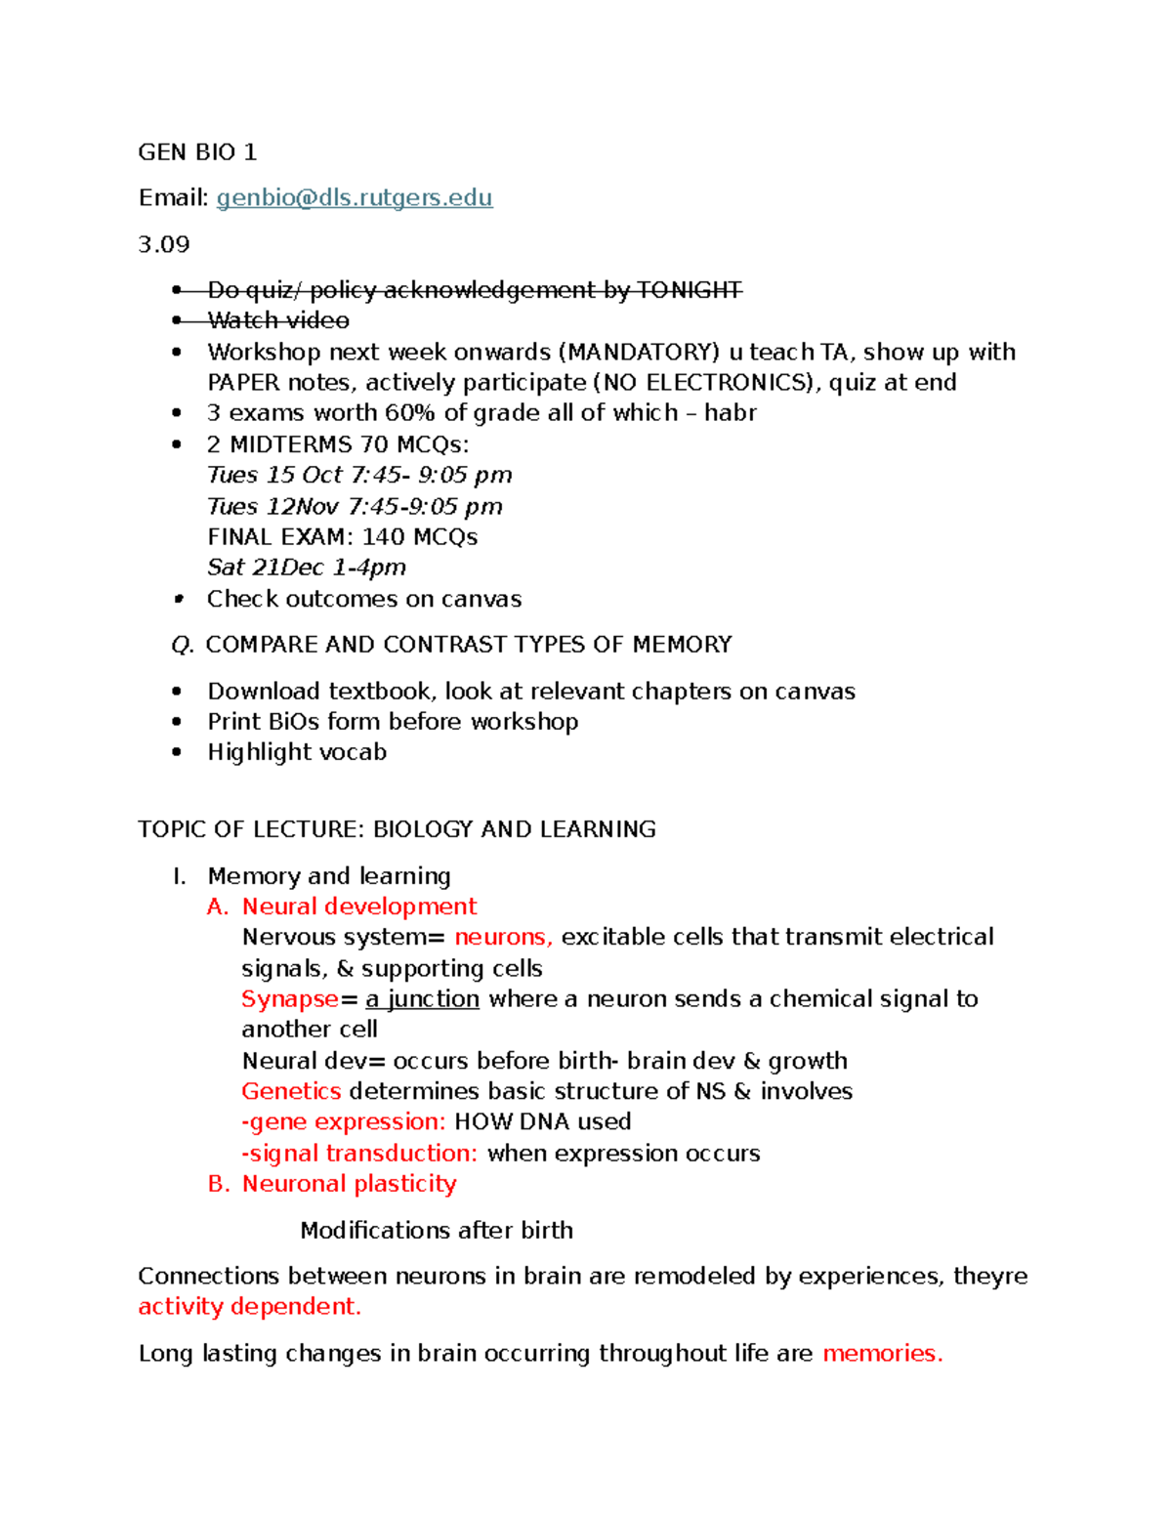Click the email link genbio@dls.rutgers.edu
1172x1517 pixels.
click(x=354, y=198)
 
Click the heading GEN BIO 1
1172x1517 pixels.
click(x=197, y=152)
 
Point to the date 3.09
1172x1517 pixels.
click(x=164, y=244)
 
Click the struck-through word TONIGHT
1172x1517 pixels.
click(x=690, y=290)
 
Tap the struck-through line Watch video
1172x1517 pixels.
click(x=277, y=320)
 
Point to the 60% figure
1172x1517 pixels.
click(x=410, y=413)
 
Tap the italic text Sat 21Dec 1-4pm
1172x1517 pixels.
click(x=306, y=568)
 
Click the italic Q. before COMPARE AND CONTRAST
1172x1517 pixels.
click(x=182, y=645)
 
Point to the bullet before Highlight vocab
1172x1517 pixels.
click(x=177, y=752)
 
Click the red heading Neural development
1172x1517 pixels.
click(x=358, y=906)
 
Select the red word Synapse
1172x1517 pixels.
click(x=290, y=999)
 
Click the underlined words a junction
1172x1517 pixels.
click(x=422, y=999)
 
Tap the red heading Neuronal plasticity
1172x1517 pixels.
click(x=349, y=1184)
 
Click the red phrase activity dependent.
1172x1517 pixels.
click(x=249, y=1307)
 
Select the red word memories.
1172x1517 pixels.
click(x=881, y=1354)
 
